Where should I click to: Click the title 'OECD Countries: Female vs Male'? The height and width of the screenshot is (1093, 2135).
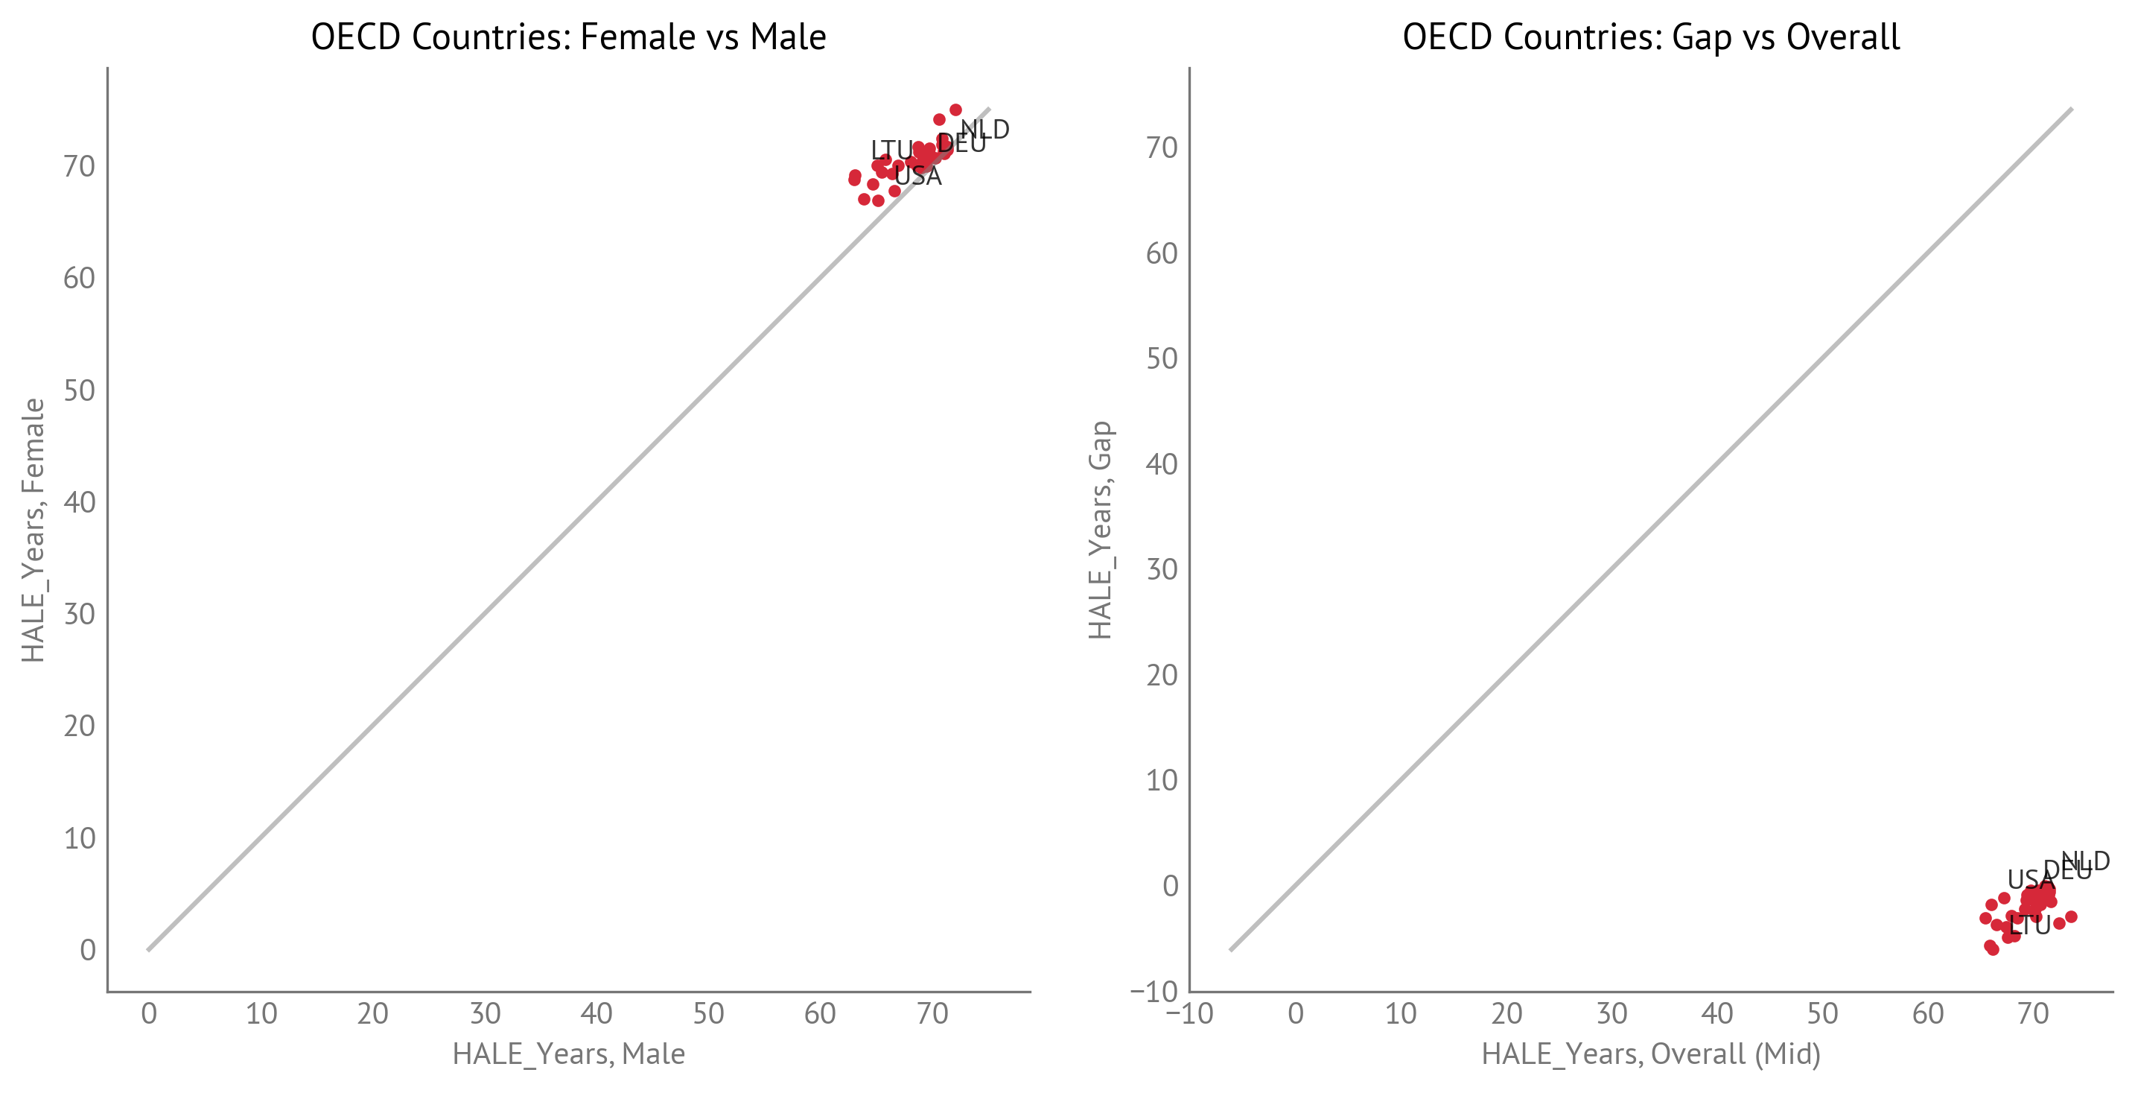click(x=568, y=37)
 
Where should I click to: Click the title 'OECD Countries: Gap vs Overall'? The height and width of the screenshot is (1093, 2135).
click(x=1651, y=37)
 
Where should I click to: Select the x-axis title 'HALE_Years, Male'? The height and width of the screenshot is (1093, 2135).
click(x=568, y=1054)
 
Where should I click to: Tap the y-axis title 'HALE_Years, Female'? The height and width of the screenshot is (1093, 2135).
click(x=34, y=530)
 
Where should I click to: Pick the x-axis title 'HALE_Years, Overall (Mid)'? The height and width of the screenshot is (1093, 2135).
click(x=1651, y=1054)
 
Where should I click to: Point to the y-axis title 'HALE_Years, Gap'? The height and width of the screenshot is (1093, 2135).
click(x=1100, y=530)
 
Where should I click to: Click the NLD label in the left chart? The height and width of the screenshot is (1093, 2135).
click(x=984, y=130)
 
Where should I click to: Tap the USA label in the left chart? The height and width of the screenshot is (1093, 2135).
click(x=918, y=176)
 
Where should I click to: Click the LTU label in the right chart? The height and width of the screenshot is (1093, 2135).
click(x=2030, y=925)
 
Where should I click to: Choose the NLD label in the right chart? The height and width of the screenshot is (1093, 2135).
click(x=2085, y=861)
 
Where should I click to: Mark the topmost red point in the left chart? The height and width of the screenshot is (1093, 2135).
click(x=955, y=110)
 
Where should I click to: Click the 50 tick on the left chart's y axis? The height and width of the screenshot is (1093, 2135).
click(x=80, y=390)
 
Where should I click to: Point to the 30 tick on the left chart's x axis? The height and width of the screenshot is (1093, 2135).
click(x=485, y=1013)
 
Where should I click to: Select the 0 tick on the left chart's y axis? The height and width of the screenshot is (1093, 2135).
click(x=88, y=951)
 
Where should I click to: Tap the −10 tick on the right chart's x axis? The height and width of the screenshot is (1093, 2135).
click(x=1189, y=1013)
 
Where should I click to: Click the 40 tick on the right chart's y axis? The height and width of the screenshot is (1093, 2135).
click(x=1161, y=464)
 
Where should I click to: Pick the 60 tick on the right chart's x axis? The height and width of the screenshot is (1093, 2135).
click(x=1928, y=1013)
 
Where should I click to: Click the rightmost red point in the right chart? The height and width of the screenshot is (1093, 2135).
click(x=2071, y=916)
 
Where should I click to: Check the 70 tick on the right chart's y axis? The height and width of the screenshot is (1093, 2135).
click(x=1161, y=148)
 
